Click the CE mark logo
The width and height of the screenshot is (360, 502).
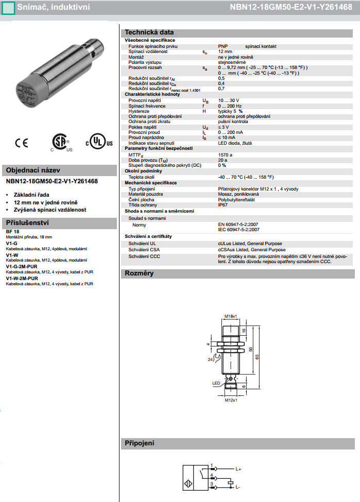21,143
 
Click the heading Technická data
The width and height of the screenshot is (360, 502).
149,32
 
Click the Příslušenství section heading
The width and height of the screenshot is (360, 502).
26,222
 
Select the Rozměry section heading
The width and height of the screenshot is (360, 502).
139,273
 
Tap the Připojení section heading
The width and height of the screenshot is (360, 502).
140,443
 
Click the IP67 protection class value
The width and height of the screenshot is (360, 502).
224,204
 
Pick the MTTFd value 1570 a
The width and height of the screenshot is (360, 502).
225,154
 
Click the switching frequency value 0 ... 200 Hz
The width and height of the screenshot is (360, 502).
230,106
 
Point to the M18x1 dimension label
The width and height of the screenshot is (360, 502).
230,316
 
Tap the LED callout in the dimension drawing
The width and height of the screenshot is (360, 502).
216,383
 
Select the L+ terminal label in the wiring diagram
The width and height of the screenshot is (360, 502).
238,469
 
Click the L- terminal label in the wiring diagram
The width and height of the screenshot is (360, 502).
238,487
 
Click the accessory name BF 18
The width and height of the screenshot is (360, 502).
12,232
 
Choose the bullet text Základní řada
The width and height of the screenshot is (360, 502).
31,195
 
